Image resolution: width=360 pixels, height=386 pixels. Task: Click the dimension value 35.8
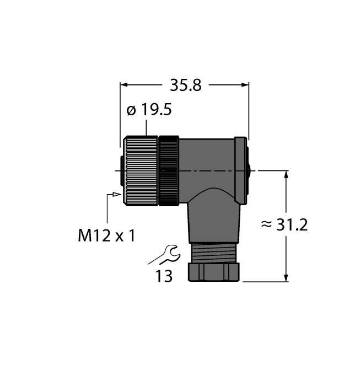point(186,85)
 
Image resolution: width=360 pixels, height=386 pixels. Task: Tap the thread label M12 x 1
point(106,235)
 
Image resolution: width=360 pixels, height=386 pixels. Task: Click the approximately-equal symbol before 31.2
point(266,225)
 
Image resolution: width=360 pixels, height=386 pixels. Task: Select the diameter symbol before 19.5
point(131,111)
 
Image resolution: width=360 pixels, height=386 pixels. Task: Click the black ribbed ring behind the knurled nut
point(168,170)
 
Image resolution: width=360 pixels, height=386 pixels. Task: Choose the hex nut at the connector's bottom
point(214,272)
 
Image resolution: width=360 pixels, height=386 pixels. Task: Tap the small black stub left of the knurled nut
point(121,170)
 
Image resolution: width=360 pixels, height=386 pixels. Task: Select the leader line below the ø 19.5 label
point(146,127)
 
